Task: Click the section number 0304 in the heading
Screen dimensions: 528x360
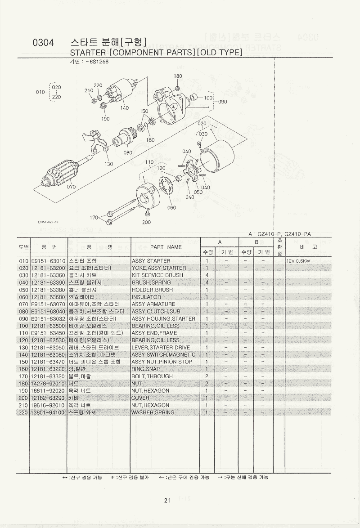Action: [x=44, y=43]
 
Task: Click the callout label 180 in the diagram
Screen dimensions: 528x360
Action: [x=178, y=76]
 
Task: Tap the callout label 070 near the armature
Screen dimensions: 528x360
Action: [x=71, y=186]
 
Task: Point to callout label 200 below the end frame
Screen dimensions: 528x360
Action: [x=146, y=222]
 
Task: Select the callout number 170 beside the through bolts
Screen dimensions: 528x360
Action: [x=94, y=218]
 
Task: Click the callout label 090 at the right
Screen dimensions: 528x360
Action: [x=223, y=102]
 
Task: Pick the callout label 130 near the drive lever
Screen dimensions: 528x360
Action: [x=108, y=164]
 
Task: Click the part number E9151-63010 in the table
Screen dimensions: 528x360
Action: [x=49, y=261]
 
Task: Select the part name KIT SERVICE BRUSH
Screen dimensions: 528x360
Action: [x=157, y=275]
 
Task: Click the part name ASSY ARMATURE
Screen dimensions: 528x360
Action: [x=153, y=304]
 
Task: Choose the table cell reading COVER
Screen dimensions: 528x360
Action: [x=140, y=398]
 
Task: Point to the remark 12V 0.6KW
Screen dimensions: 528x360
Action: [x=298, y=261]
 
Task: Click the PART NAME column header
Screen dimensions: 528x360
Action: [x=166, y=247]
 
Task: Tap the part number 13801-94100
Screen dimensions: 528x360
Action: [x=49, y=412]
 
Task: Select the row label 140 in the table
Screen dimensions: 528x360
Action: [x=24, y=355]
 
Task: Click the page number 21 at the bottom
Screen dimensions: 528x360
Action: [x=167, y=501]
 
